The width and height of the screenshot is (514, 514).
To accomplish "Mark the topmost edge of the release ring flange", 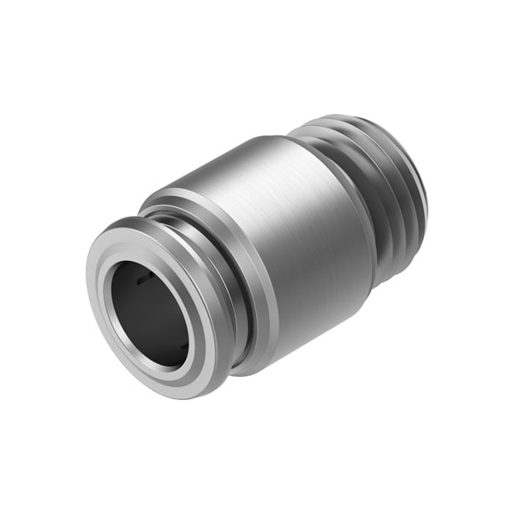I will [x=128, y=220].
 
